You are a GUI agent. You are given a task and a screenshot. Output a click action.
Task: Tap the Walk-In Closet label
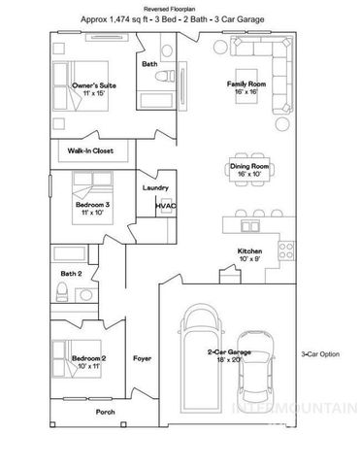pos(91,151)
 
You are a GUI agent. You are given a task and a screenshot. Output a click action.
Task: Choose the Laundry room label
pos(155,187)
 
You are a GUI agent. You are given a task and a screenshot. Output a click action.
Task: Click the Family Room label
pos(246,83)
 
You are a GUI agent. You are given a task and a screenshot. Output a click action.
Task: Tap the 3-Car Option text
pos(319,355)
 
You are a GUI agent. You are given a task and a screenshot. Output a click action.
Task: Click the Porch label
pos(106,411)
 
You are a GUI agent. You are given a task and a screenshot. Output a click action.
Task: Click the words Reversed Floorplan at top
pos(180,7)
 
